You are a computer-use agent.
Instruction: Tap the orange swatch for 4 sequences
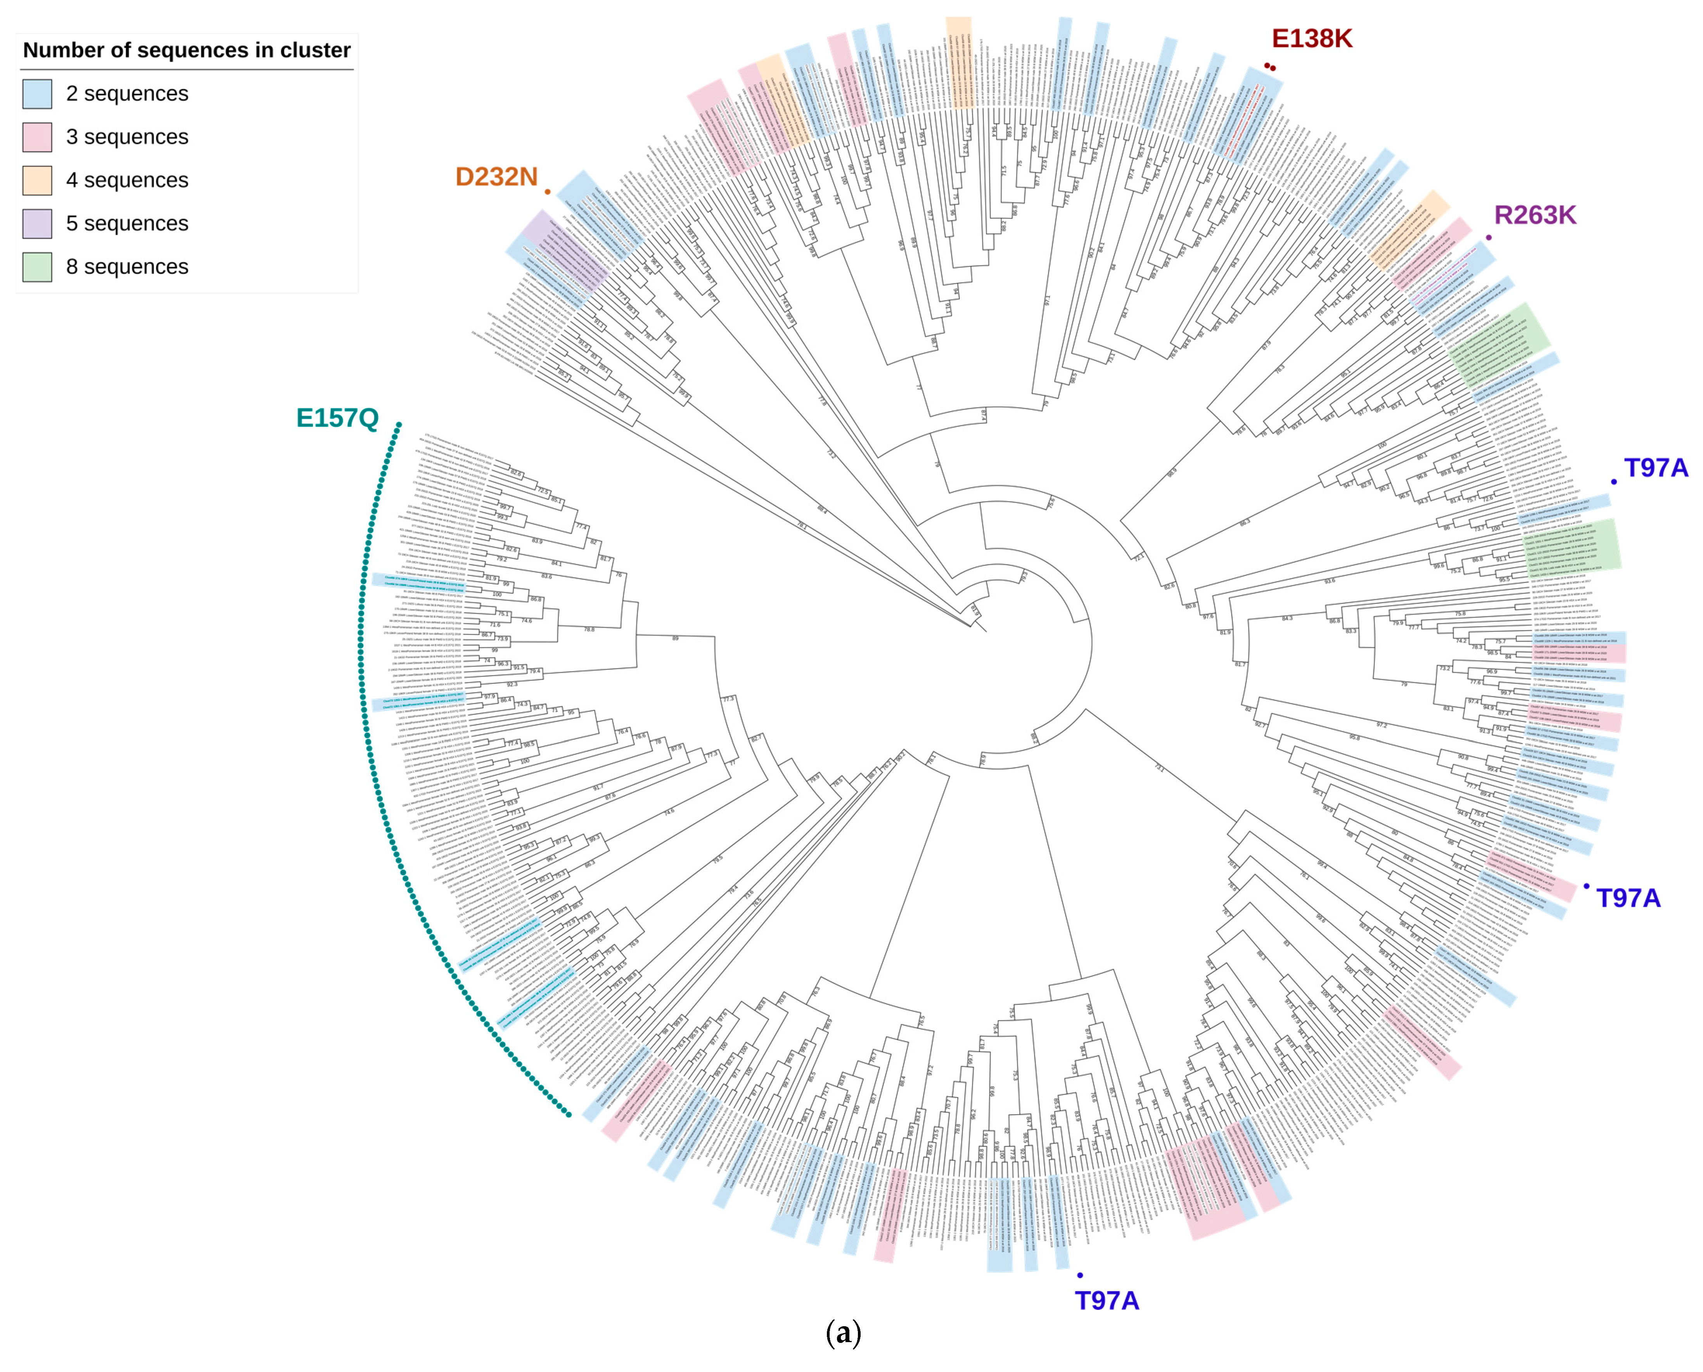[37, 180]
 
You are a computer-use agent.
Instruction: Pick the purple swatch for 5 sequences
[37, 224]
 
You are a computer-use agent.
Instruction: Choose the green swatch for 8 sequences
[37, 267]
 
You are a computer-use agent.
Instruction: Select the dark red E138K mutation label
[1311, 38]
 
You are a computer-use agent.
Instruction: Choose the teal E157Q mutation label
[337, 418]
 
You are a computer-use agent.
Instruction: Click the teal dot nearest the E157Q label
[399, 425]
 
